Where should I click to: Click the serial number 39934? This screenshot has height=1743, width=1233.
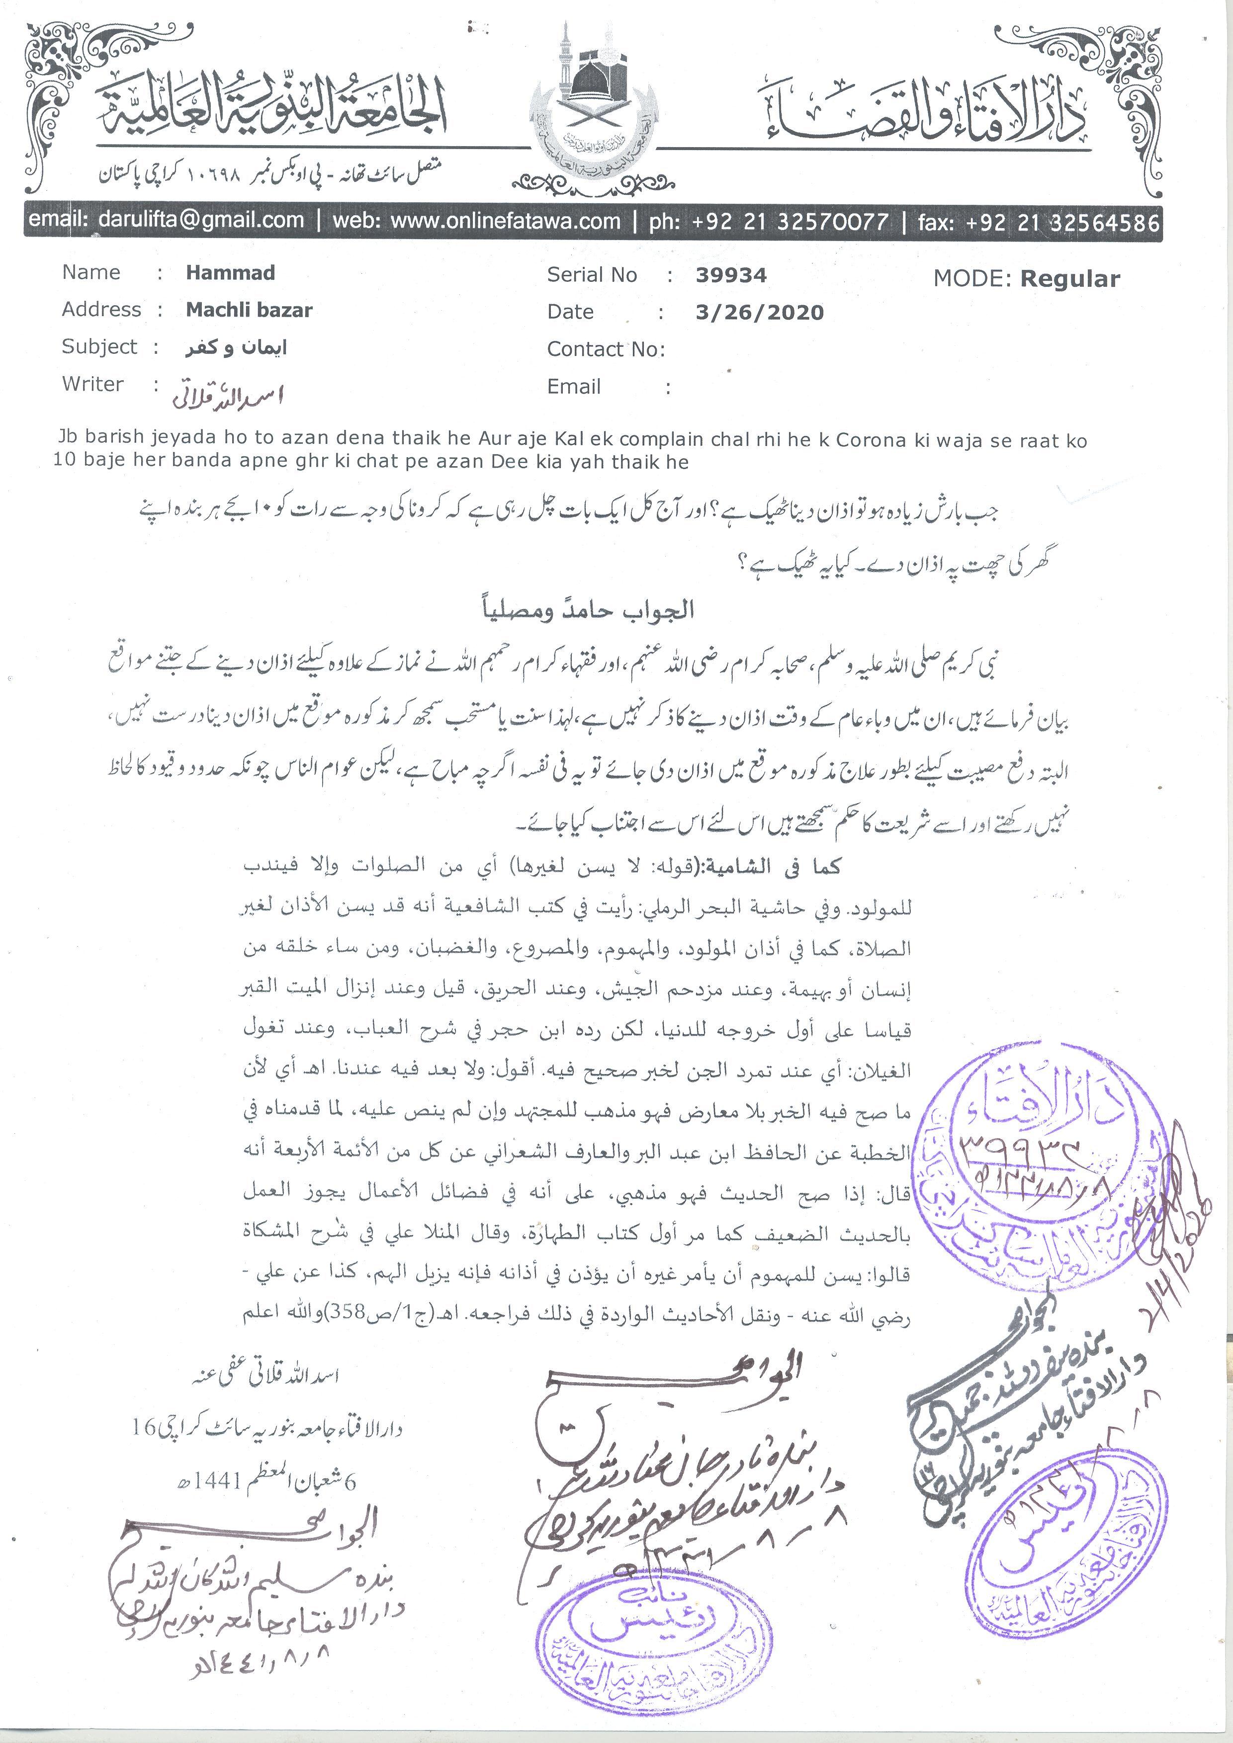pyautogui.click(x=730, y=275)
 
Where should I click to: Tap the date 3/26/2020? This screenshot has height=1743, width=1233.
pyautogui.click(x=759, y=312)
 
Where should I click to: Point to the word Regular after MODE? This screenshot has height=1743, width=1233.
pyautogui.click(x=1070, y=279)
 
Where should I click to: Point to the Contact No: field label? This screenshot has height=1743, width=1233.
pyautogui.click(x=605, y=349)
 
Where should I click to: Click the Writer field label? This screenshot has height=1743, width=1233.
pyautogui.click(x=92, y=384)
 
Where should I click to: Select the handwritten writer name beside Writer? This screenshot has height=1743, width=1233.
pyautogui.click(x=228, y=395)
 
